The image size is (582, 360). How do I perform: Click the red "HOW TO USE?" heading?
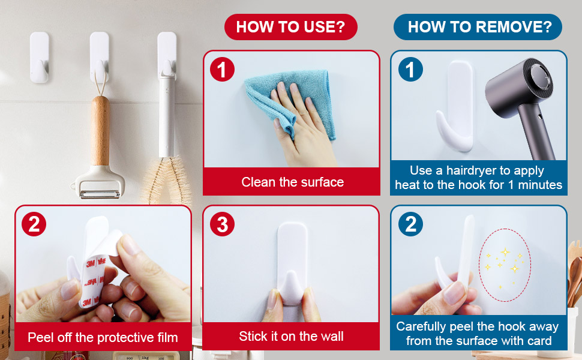290,27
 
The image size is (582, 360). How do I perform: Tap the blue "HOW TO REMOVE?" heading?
478,27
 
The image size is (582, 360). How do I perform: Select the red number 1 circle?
222,70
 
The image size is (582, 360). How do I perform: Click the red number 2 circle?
34,224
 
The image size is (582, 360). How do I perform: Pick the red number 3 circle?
222,224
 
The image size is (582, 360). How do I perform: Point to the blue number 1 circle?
410,70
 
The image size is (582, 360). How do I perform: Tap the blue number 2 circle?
410,224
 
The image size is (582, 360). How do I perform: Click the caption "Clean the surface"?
292,182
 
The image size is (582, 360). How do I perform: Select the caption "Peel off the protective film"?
103,337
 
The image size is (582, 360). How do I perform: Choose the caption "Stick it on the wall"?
291,336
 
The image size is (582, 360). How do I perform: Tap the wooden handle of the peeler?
100,130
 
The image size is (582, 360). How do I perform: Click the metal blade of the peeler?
100,194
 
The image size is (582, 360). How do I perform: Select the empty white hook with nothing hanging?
40,58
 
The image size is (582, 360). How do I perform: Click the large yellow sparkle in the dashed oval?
505,253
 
